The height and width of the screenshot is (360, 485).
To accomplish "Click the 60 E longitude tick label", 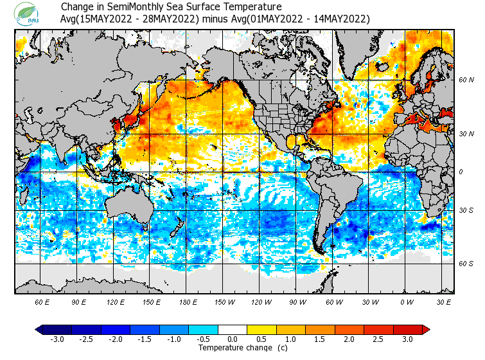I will tap(43, 301).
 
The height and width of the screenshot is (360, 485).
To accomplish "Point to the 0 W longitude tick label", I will tap(407, 301).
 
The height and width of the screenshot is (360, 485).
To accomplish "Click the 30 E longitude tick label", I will tap(444, 301).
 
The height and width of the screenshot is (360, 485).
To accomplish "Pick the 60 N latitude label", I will tap(466, 80).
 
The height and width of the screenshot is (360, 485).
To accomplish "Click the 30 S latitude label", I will tap(466, 210).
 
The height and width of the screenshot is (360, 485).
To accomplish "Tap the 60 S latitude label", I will tap(466, 264).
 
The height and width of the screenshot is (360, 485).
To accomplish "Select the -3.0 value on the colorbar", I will tap(57, 339).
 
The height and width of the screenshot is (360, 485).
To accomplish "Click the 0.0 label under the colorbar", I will tap(233, 339).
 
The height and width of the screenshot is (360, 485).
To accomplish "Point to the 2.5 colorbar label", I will tap(378, 339).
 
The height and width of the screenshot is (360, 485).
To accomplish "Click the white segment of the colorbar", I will tap(233, 329).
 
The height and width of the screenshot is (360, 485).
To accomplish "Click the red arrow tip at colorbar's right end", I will tap(426, 329).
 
